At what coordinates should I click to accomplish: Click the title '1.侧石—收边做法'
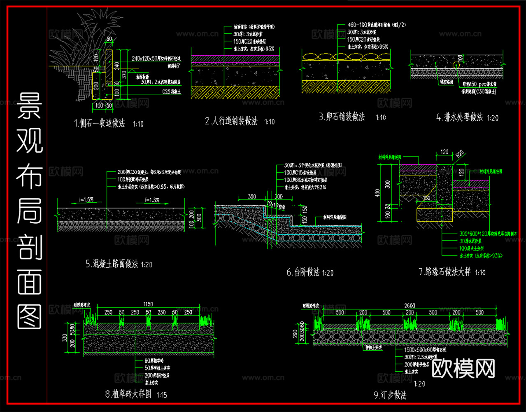[x=99, y=123]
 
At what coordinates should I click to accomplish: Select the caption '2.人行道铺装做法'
[x=231, y=121]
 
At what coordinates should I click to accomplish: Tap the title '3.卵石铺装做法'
[x=342, y=117]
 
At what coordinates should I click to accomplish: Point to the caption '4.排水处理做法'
[x=459, y=117]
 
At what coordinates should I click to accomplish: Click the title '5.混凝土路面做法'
[x=112, y=264]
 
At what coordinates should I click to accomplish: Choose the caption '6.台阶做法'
[x=303, y=272]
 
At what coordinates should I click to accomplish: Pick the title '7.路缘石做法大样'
[x=445, y=272]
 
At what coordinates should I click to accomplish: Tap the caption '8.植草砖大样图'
[x=128, y=394]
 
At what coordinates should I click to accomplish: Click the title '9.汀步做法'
[x=390, y=395]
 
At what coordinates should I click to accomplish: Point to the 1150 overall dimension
[x=148, y=304]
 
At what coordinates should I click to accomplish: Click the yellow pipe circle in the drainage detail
[x=456, y=65]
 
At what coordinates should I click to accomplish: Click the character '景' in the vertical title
[x=29, y=106]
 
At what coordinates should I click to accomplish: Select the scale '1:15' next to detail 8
[x=162, y=395]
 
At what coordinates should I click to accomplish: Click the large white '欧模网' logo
[x=463, y=368]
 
